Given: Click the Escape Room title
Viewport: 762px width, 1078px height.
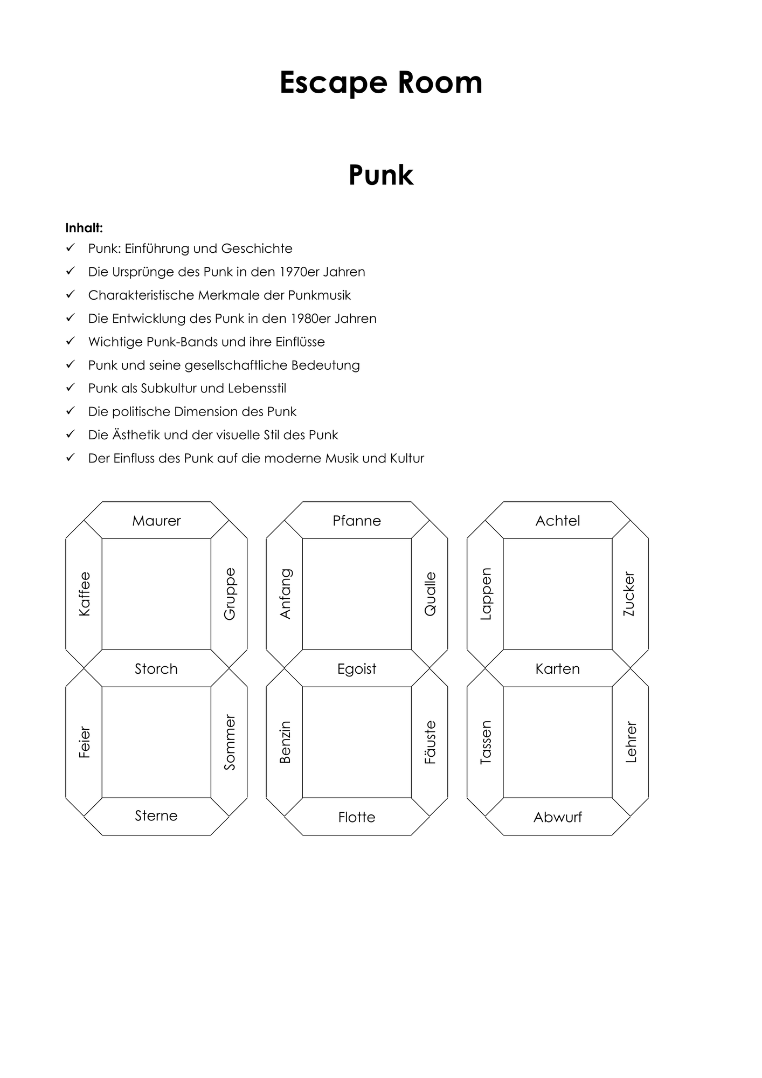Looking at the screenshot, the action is coord(381,82).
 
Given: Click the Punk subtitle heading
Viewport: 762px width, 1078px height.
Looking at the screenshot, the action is coord(381,175).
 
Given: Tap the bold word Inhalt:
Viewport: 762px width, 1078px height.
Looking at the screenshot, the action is coord(84,228).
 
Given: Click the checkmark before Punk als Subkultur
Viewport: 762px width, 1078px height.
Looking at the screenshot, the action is coord(70,388).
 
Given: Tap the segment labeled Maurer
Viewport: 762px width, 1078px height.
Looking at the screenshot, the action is coord(156,520).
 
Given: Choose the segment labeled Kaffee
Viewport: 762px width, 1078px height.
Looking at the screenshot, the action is coord(84,594).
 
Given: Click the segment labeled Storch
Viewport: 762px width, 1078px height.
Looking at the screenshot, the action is coord(156,668).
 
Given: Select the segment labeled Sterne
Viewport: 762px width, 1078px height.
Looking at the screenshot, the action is coord(156,816).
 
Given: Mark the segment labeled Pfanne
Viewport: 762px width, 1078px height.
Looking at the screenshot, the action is coord(357,520).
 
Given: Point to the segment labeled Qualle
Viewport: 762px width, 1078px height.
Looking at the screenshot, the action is coord(430,594).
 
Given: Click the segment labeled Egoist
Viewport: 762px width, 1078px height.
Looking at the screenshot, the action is coord(357,668).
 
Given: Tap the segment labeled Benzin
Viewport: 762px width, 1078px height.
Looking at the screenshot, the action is coord(285,742).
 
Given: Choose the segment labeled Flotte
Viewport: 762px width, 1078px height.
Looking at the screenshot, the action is coord(357,817).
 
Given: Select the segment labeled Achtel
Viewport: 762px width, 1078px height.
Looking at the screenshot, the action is coord(558,520).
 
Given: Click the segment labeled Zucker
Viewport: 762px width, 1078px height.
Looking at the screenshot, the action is coord(630,594).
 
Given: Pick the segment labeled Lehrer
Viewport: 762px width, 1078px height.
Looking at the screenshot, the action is coord(630,742).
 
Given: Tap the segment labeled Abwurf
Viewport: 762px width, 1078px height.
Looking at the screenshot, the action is coord(558,817).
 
